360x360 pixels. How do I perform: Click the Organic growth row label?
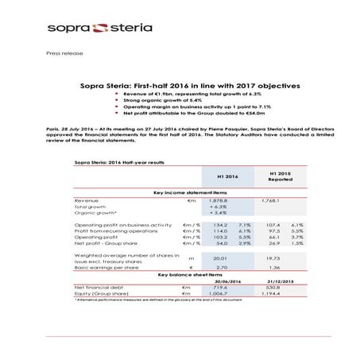pyautogui.click(x=95, y=213)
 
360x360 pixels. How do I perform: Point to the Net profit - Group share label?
pyautogui.click(x=110, y=243)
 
